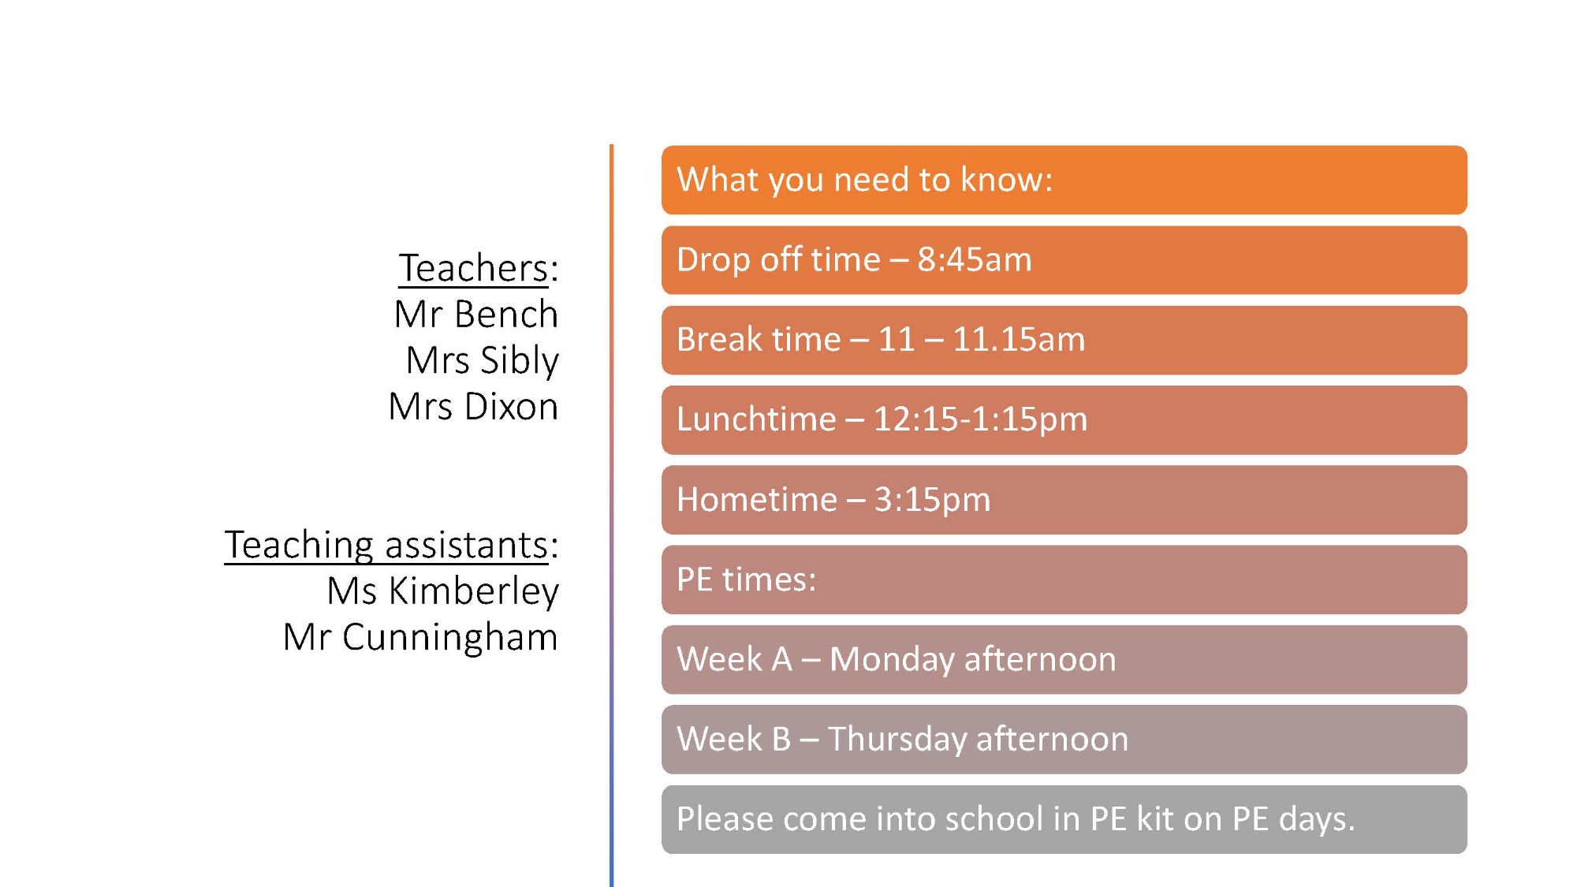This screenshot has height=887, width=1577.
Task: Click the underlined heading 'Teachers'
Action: pyautogui.click(x=473, y=268)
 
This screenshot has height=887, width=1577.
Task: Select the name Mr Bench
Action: pyautogui.click(x=476, y=314)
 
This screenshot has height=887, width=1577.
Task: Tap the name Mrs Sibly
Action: pyautogui.click(x=483, y=361)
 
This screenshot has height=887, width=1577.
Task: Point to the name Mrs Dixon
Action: pyautogui.click(x=473, y=407)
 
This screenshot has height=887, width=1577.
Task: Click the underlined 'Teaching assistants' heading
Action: pyautogui.click(x=386, y=546)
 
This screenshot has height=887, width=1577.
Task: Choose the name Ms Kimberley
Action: pyautogui.click(x=443, y=591)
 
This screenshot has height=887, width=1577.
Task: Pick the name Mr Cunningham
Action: pyautogui.click(x=420, y=637)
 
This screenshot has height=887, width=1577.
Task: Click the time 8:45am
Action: pyautogui.click(x=975, y=260)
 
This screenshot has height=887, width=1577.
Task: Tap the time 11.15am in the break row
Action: pyautogui.click(x=1019, y=340)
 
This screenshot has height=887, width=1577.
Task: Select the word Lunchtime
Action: pyautogui.click(x=756, y=419)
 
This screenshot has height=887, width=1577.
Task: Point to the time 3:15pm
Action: pyautogui.click(x=932, y=500)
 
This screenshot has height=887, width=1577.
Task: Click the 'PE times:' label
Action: pyautogui.click(x=747, y=580)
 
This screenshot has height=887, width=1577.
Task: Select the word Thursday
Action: pyautogui.click(x=897, y=740)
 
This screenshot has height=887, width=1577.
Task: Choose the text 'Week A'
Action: pyautogui.click(x=734, y=659)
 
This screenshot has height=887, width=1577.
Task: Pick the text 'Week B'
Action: pyautogui.click(x=733, y=739)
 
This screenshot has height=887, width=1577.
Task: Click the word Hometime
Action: pyautogui.click(x=757, y=499)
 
